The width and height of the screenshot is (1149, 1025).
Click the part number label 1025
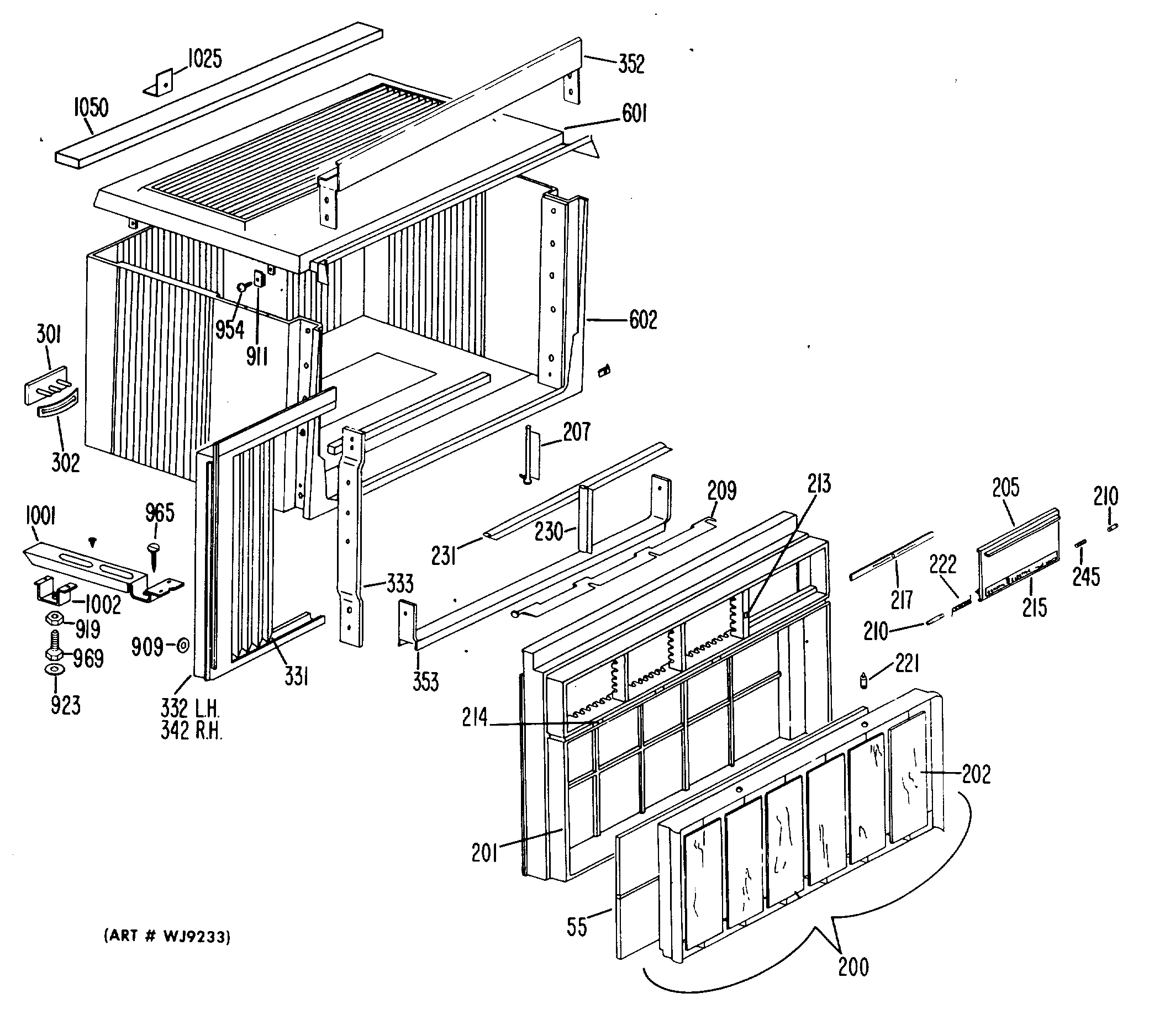coord(204,59)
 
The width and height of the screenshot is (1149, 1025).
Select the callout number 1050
coord(91,107)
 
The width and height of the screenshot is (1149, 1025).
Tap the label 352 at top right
coord(631,64)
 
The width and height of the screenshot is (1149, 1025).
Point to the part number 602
coord(642,320)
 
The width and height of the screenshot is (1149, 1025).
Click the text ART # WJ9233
coord(167,937)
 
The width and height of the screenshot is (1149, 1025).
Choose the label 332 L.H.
coord(190,709)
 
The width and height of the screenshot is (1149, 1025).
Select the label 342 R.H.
coord(191,731)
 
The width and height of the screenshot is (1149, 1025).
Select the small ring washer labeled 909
coord(183,646)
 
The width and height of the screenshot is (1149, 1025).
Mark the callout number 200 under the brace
coord(853,966)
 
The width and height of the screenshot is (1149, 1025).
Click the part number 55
coord(577,927)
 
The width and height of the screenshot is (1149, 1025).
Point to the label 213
coord(818,484)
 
